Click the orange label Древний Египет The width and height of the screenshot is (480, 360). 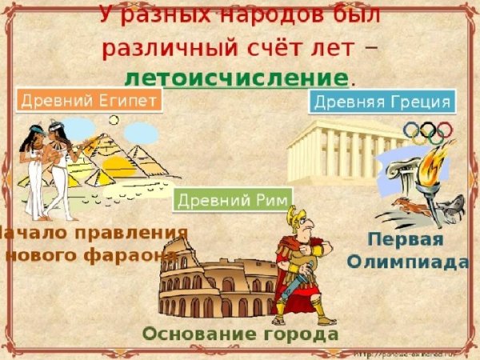pyautogui.click(x=89, y=100)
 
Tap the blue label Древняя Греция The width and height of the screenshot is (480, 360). pyautogui.click(x=382, y=102)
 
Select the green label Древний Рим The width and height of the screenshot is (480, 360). pyautogui.click(x=233, y=199)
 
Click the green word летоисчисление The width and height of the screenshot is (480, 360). pyautogui.click(x=237, y=78)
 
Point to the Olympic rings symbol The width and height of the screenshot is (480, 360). pyautogui.click(x=428, y=132)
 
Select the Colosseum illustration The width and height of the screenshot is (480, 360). pyautogui.click(x=216, y=288)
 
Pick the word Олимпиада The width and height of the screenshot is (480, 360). pyautogui.click(x=407, y=262)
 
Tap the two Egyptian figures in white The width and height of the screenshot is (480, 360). pyautogui.click(x=44, y=168)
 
